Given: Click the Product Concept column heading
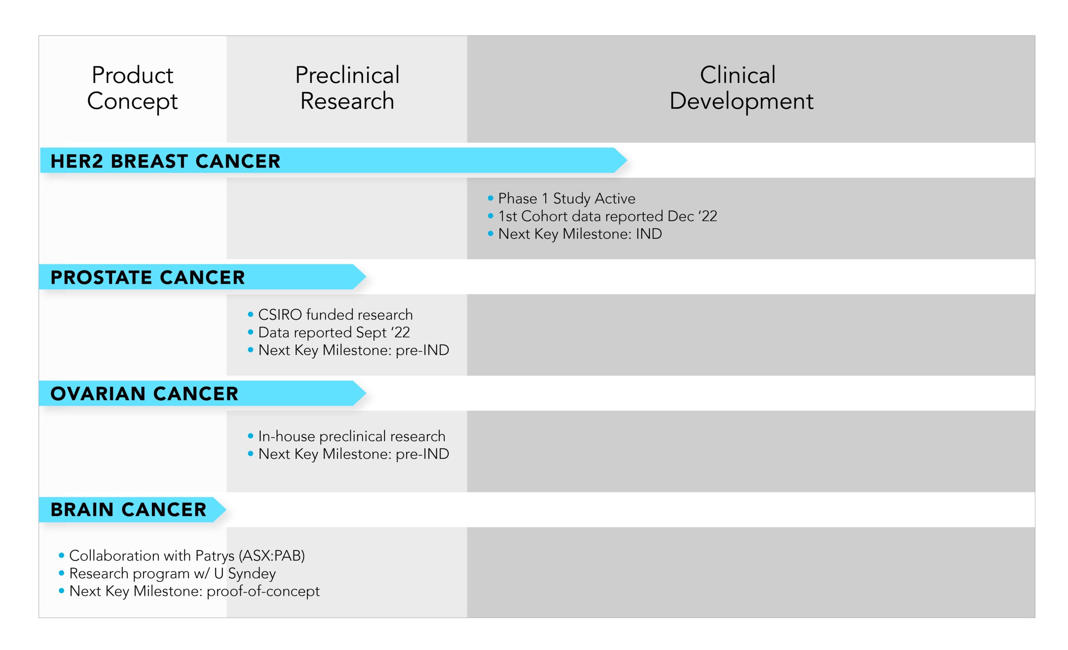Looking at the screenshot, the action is click(132, 88).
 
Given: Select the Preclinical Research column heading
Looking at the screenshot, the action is click(347, 88).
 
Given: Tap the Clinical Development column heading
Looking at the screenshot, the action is click(741, 88).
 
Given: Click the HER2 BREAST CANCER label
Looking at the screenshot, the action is click(166, 161).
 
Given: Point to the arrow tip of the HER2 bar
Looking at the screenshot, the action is click(627, 160).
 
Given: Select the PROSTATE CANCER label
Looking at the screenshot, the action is click(148, 278).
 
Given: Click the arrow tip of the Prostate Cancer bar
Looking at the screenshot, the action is click(366, 277).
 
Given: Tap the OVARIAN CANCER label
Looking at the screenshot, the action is click(144, 394).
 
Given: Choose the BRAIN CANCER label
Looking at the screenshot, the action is click(128, 509).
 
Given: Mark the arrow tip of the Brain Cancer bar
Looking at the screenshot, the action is click(226, 509).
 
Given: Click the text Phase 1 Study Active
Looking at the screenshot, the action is click(567, 199).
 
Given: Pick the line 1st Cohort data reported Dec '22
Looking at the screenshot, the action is click(608, 216).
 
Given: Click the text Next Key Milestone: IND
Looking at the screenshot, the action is click(580, 234).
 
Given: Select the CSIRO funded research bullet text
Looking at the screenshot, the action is click(335, 314).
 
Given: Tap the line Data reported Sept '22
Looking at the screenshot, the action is click(334, 333).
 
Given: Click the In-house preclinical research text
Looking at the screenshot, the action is click(352, 436).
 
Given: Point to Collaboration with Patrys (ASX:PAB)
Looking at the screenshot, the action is click(187, 556).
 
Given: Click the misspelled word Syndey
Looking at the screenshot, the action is click(252, 574).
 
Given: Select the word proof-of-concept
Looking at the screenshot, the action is click(263, 592).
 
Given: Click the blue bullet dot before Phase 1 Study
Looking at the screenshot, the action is click(491, 198).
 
